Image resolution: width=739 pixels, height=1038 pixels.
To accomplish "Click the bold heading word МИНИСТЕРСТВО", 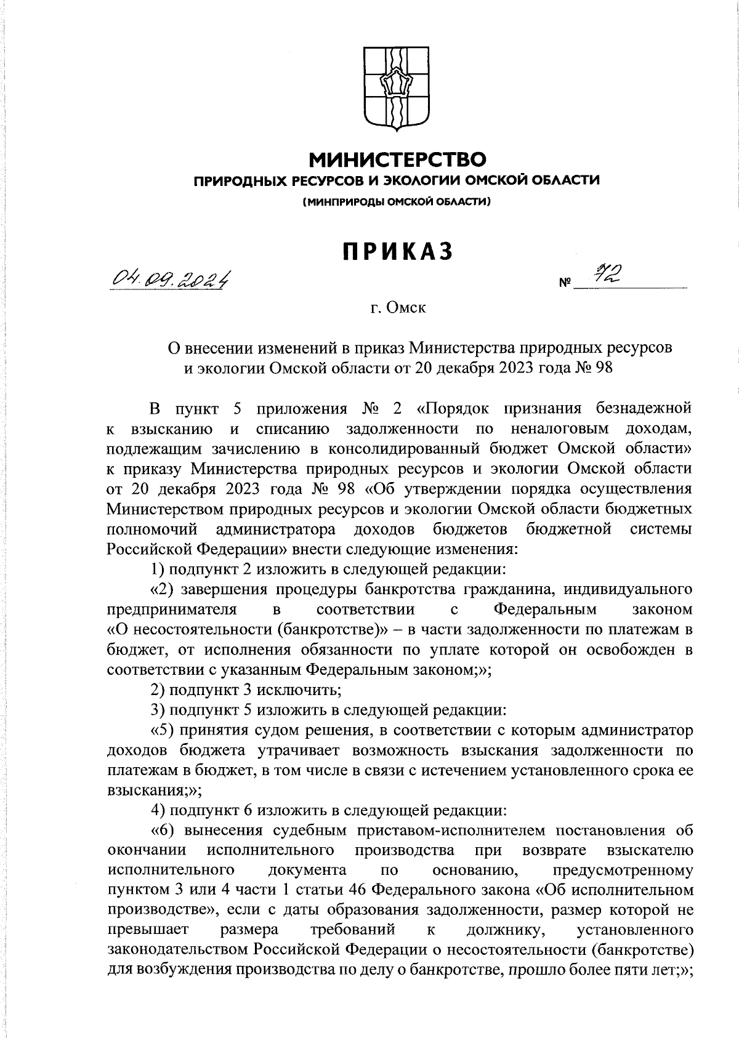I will point(397,160).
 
